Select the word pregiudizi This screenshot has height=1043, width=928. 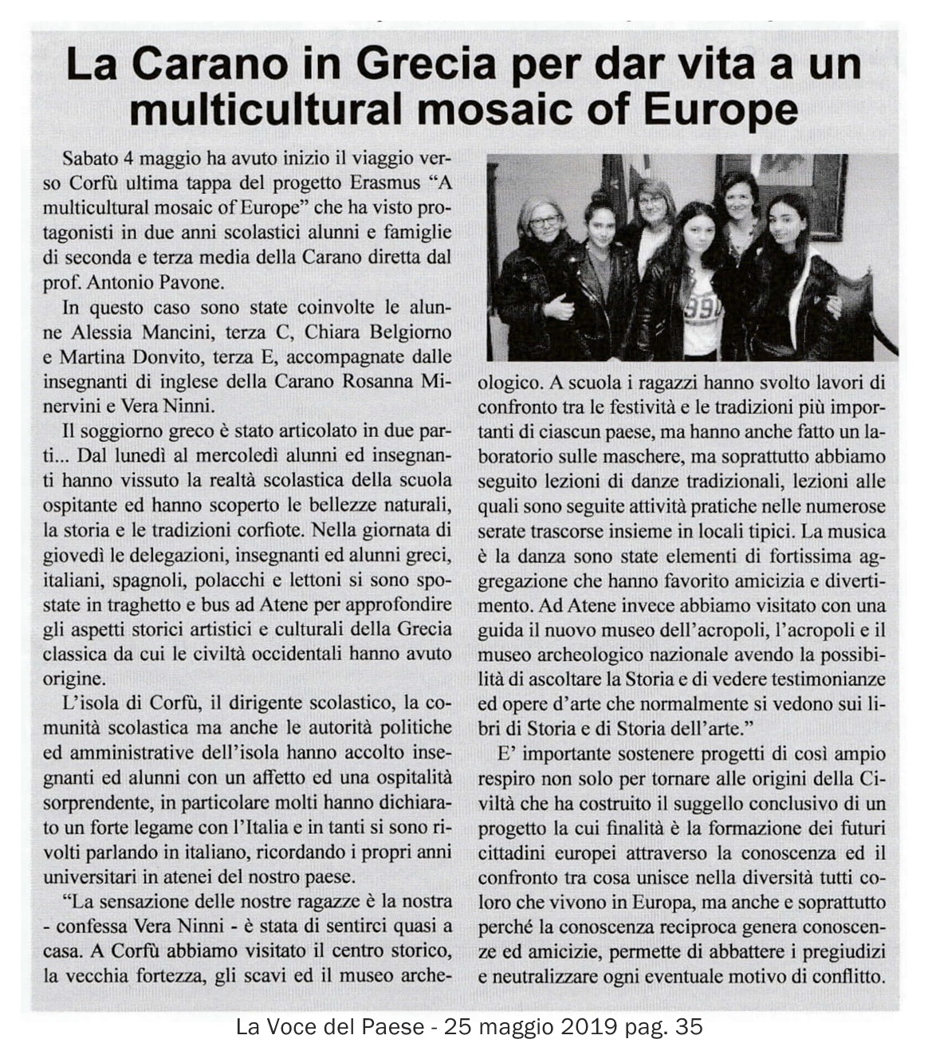tap(834, 952)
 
